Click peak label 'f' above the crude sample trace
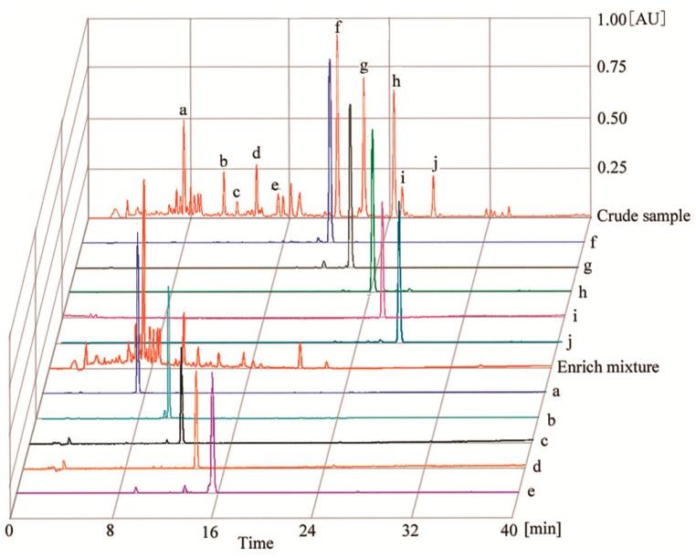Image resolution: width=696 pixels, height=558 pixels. click(x=338, y=26)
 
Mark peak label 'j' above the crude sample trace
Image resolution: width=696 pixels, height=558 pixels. click(x=436, y=164)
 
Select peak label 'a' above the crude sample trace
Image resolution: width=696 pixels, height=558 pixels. click(x=184, y=111)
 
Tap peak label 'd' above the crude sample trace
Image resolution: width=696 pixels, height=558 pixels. click(x=257, y=152)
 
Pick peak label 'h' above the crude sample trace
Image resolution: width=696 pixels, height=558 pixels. click(x=395, y=80)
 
